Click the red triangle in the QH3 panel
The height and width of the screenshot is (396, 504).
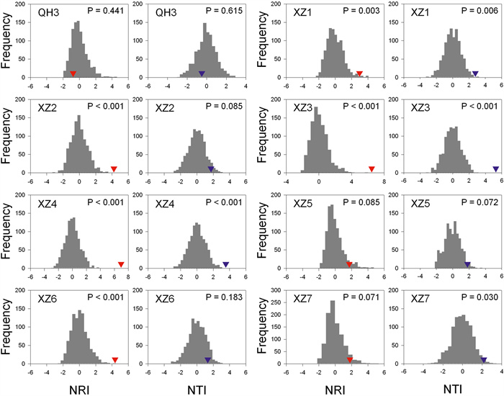(x=73, y=73)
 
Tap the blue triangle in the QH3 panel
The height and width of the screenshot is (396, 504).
(x=202, y=73)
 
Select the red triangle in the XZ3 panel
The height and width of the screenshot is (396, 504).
(x=372, y=169)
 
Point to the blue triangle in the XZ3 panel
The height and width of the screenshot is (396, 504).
(x=495, y=169)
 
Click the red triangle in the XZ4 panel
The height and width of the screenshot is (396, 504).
(x=121, y=264)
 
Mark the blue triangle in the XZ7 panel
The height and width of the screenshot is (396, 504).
(x=484, y=359)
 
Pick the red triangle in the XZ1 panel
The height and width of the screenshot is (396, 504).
(x=359, y=73)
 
